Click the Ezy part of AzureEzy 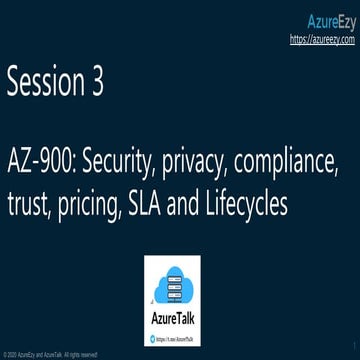[345, 19]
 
